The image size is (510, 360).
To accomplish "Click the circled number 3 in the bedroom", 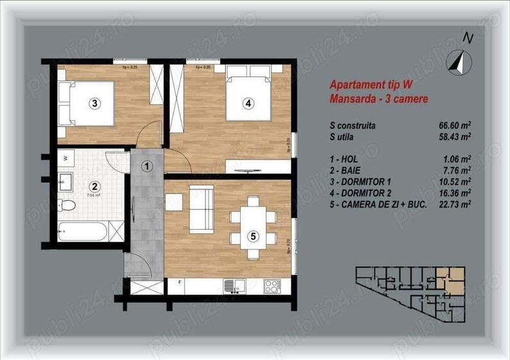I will (x=94, y=102).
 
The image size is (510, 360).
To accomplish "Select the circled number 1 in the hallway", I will (x=147, y=167).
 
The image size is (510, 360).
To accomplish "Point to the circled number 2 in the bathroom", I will (x=94, y=187).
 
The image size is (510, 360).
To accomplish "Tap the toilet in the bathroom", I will (x=67, y=205).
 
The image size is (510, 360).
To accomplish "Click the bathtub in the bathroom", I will (x=83, y=231).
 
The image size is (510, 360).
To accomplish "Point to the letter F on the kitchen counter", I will (x=180, y=282).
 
